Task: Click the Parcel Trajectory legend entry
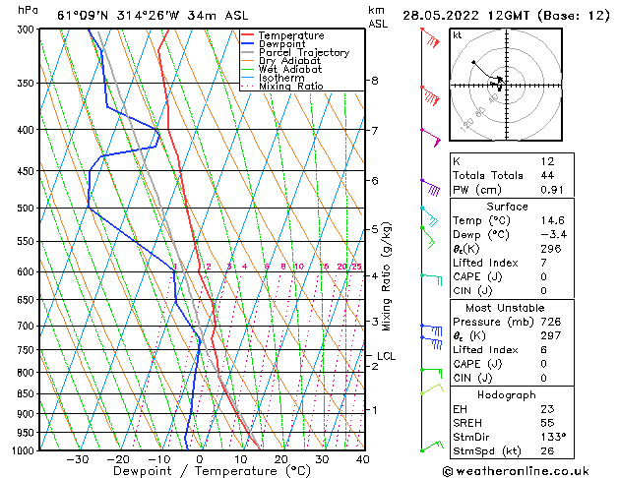pos(303,52)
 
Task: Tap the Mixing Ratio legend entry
pos(293,87)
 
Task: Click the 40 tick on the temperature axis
pos(362,459)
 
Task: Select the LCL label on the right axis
pos(386,356)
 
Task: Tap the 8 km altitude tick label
pos(375,81)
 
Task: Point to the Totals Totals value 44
pos(547,176)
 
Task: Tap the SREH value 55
pos(547,422)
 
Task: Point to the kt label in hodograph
pos(458,34)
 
